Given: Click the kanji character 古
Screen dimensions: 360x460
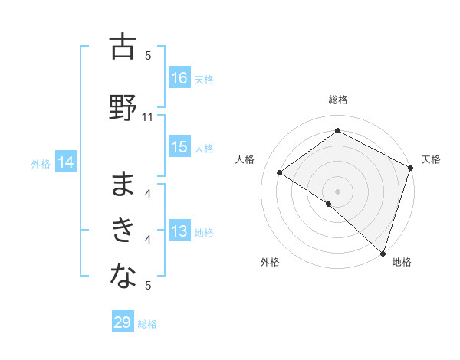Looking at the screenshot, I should coord(123,48).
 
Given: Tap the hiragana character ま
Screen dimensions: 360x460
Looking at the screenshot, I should coord(123,186).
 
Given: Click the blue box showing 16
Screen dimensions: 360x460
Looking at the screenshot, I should coord(179,78).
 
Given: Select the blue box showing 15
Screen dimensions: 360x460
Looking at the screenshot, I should coord(179,147).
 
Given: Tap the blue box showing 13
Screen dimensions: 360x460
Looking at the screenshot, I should coord(179,232).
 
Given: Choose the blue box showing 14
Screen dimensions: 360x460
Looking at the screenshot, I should coord(66,162).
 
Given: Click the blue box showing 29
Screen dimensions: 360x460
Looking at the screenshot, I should coord(123,322).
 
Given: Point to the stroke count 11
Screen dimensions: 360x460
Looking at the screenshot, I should coord(148,117).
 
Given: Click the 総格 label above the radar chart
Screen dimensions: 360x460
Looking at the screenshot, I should coord(337,100).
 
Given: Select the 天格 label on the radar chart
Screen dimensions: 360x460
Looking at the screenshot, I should coord(431,159).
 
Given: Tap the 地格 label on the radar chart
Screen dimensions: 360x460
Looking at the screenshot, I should coord(402,262).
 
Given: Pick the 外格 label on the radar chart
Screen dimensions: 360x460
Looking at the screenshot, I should coord(270,262).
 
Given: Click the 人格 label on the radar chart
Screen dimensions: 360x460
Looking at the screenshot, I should coord(245,159).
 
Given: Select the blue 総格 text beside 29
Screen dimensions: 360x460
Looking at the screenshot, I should coord(147,324).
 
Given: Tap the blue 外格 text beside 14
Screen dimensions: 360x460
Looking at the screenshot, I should coord(40,163).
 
